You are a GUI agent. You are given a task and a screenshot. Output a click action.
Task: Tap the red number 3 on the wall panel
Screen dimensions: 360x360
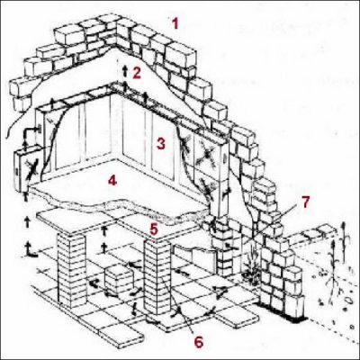(159, 142)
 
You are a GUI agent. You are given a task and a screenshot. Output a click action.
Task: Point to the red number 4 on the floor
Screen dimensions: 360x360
(111, 179)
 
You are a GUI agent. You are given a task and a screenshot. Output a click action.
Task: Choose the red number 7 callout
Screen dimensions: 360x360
(305, 202)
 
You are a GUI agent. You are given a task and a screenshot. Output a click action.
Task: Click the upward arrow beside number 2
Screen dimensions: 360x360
(125, 70)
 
